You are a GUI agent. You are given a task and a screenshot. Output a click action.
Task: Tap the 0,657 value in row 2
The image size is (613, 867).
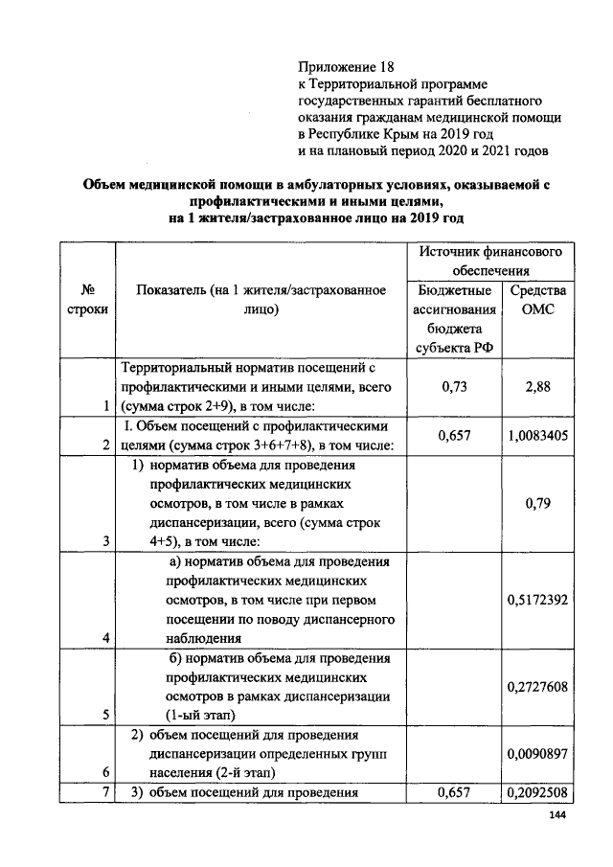pos(454,436)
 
